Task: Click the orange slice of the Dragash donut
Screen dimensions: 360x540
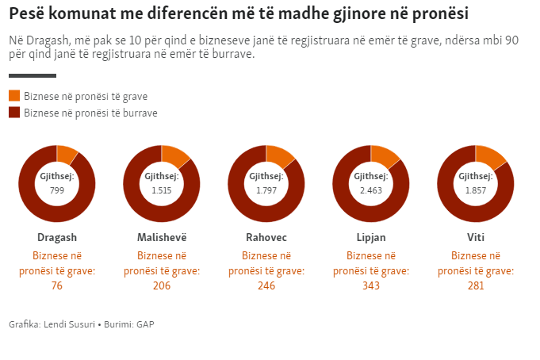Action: pyautogui.click(x=66, y=153)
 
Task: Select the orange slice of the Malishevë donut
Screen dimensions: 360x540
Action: pyautogui.click(x=174, y=155)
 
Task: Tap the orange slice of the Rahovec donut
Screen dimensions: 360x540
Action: pyautogui.click(x=279, y=155)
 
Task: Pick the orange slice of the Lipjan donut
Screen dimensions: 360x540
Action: pyautogui.click(x=384, y=155)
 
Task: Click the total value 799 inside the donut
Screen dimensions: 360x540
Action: pyautogui.click(x=57, y=190)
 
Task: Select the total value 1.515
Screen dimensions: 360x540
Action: pyautogui.click(x=162, y=190)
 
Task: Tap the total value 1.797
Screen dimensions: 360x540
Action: pyautogui.click(x=266, y=190)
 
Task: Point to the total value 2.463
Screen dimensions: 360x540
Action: pyautogui.click(x=371, y=190)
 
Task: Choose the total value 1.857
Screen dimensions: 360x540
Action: pyautogui.click(x=476, y=190)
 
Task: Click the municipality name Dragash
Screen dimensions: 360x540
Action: pyautogui.click(x=57, y=238)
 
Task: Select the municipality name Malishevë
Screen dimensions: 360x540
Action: pyautogui.click(x=162, y=238)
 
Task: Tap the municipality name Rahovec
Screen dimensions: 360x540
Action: pyautogui.click(x=266, y=238)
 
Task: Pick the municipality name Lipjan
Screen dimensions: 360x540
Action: pyautogui.click(x=371, y=238)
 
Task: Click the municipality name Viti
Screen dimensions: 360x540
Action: pyautogui.click(x=476, y=238)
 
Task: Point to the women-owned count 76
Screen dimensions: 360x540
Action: pyautogui.click(x=57, y=285)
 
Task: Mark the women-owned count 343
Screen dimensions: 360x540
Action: pyautogui.click(x=371, y=285)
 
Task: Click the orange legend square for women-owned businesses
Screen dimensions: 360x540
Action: pyautogui.click(x=14, y=96)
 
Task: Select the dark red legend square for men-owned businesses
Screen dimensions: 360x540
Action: pyautogui.click(x=14, y=113)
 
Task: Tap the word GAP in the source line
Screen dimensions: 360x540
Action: pyautogui.click(x=145, y=324)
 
